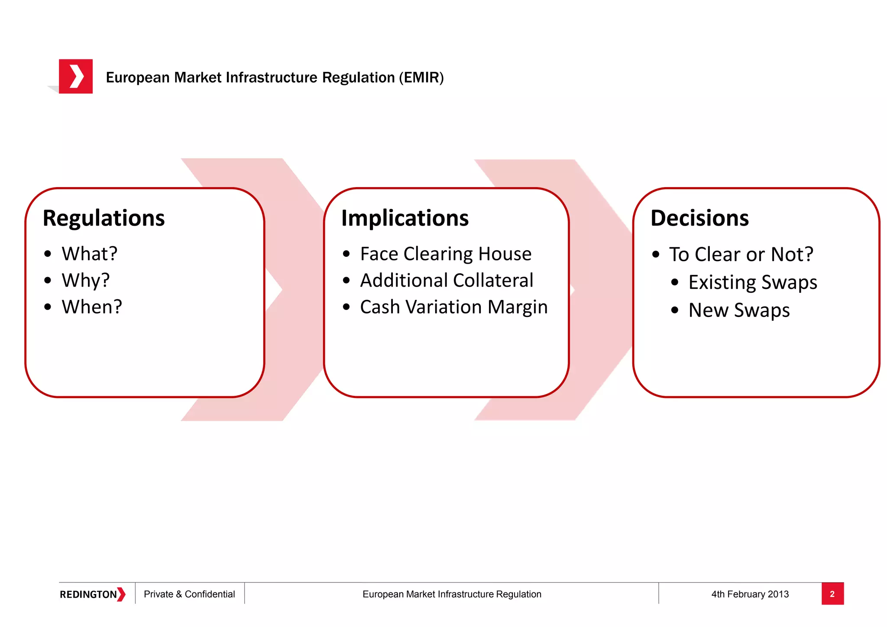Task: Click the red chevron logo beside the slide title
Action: [76, 76]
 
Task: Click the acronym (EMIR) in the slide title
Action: [421, 78]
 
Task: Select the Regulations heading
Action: [104, 218]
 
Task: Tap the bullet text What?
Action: [89, 254]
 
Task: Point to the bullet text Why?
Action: [86, 280]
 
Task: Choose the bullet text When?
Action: [92, 307]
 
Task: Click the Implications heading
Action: [405, 218]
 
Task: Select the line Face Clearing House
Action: [446, 254]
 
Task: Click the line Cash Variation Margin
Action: [453, 307]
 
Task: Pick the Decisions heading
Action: [699, 218]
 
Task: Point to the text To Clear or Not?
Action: [741, 254]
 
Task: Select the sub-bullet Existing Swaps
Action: [753, 282]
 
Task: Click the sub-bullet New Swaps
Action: [739, 310]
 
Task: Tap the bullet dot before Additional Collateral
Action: [346, 281]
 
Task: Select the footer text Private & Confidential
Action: [189, 594]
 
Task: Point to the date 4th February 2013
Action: [750, 594]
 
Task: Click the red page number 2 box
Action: [832, 594]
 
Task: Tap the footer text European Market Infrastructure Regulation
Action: [452, 594]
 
